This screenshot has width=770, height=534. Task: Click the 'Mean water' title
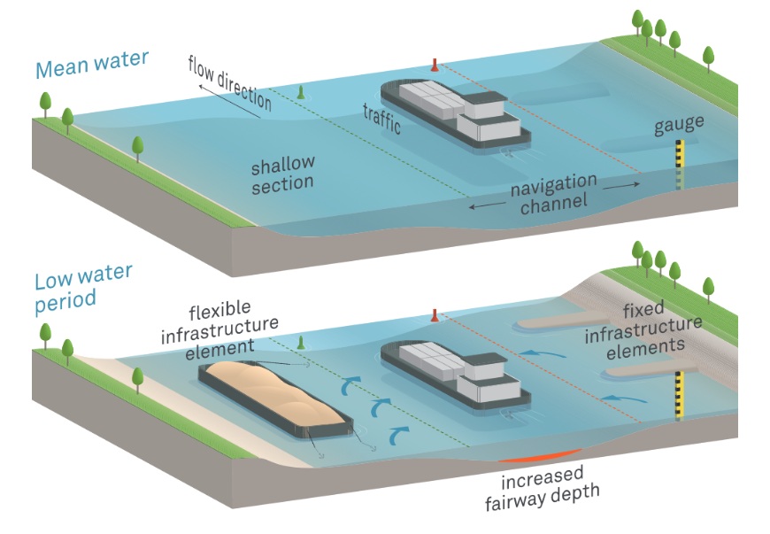92,64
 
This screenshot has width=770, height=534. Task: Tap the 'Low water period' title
83,289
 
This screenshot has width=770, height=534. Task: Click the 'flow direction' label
229,82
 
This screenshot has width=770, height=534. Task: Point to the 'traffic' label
381,119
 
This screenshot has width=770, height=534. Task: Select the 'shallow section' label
282,174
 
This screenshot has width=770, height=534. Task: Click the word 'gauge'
679,126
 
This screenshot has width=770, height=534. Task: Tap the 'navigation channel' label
554,194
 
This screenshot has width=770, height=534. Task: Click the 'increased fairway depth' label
543,488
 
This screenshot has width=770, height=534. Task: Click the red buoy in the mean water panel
434,65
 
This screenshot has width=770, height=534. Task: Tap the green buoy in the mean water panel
301,92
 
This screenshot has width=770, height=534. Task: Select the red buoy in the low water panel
434,315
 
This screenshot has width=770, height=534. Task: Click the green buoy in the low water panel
301,343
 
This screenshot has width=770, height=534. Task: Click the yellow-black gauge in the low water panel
680,395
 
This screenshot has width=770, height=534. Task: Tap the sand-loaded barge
275,399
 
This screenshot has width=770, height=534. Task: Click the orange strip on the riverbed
540,456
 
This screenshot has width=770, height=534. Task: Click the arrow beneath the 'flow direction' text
229,102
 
